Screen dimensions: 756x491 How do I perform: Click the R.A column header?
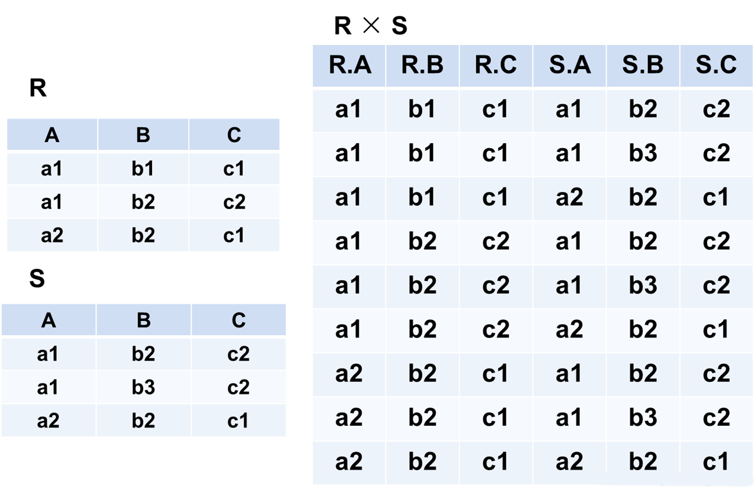point(349,65)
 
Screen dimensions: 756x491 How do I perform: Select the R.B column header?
point(422,65)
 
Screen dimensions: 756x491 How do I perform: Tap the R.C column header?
point(495,65)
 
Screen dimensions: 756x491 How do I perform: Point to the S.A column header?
point(569,65)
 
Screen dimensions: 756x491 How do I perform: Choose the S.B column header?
point(642,65)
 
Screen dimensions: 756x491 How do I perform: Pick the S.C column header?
point(716,65)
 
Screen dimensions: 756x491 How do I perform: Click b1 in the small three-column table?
point(143,168)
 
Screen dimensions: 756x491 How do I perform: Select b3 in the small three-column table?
point(143,387)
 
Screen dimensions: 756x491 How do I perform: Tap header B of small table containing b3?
point(143,320)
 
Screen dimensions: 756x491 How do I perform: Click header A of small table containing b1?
point(52,134)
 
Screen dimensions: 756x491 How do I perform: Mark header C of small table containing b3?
point(238,320)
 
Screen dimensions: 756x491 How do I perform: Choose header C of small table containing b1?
point(234,134)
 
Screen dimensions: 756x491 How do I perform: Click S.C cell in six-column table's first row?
point(716,109)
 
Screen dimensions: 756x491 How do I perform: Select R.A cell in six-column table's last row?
point(349,461)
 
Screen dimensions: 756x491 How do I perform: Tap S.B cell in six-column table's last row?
point(642,461)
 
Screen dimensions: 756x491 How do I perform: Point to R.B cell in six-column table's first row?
point(422,109)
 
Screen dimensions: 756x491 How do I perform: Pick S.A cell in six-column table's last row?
point(569,461)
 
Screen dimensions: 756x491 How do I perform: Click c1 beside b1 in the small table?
point(234,168)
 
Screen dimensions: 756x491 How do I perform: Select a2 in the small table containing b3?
point(48,421)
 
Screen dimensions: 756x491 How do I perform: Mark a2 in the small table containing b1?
point(52,235)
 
